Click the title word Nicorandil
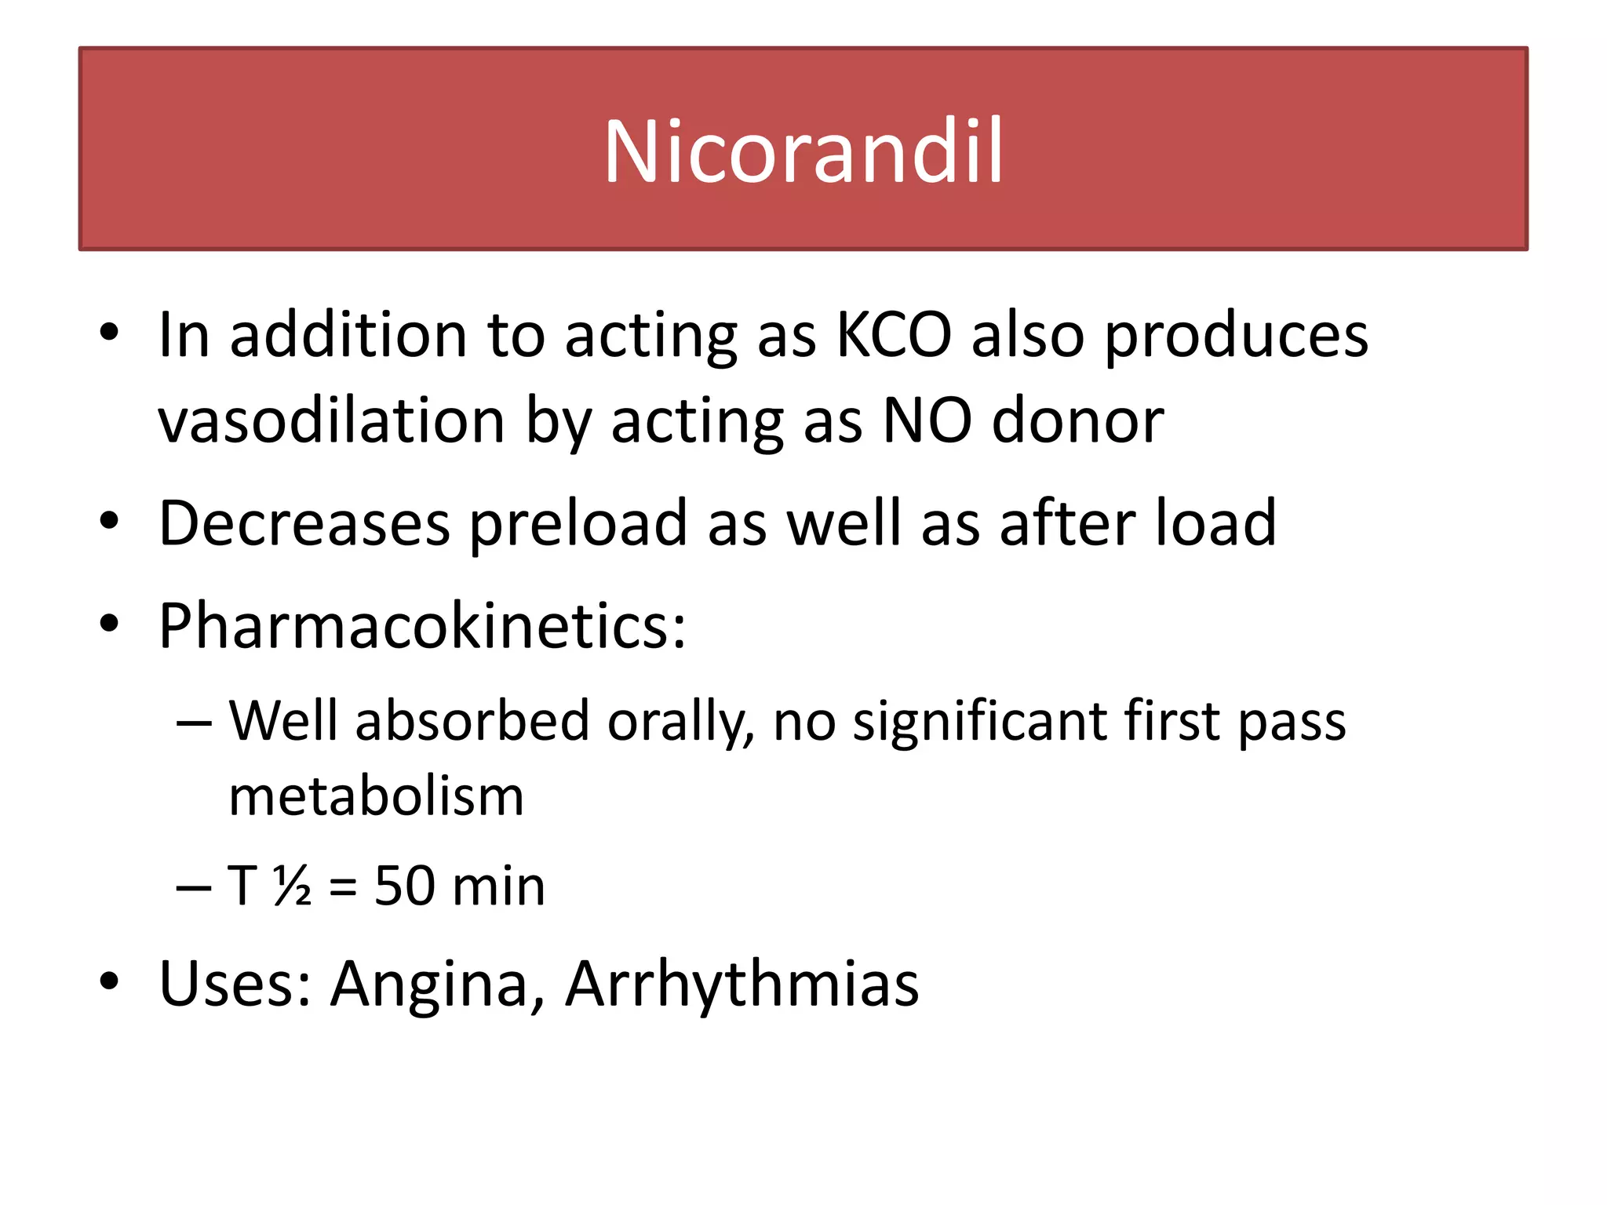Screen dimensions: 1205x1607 pyautogui.click(x=803, y=151)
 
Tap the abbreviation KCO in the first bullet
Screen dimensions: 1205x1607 pyautogui.click(x=894, y=336)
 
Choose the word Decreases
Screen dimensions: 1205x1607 pyautogui.click(x=304, y=523)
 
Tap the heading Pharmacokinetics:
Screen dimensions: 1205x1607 pyautogui.click(x=422, y=626)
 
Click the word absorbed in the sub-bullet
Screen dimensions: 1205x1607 pyautogui.click(x=472, y=720)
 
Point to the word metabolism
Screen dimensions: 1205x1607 pyautogui.click(x=376, y=796)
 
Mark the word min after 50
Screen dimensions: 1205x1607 pyautogui.click(x=499, y=886)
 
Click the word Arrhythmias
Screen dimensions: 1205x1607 pyautogui.click(x=742, y=984)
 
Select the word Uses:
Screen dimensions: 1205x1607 pyautogui.click(x=235, y=984)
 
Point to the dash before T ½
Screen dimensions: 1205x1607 pyautogui.click(x=194, y=887)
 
